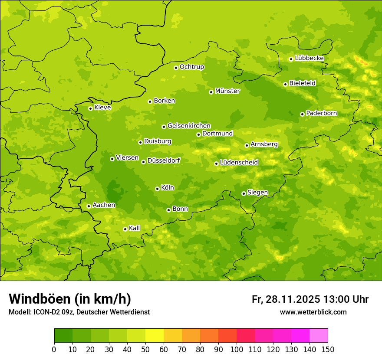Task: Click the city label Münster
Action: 227,91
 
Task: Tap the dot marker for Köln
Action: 157,189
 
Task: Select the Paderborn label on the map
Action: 321,113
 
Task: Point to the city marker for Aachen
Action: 89,206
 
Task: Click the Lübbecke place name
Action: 309,58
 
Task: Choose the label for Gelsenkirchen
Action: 189,126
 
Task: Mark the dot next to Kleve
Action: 90,108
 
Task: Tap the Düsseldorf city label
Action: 164,160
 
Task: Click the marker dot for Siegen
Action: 244,193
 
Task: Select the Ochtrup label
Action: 191,67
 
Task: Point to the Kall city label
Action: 134,228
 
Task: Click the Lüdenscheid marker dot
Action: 216,164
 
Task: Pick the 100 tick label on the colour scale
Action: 237,349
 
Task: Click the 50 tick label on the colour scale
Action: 145,349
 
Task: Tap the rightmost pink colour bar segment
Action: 319,335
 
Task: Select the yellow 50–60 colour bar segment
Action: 155,335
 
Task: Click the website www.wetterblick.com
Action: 313,312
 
